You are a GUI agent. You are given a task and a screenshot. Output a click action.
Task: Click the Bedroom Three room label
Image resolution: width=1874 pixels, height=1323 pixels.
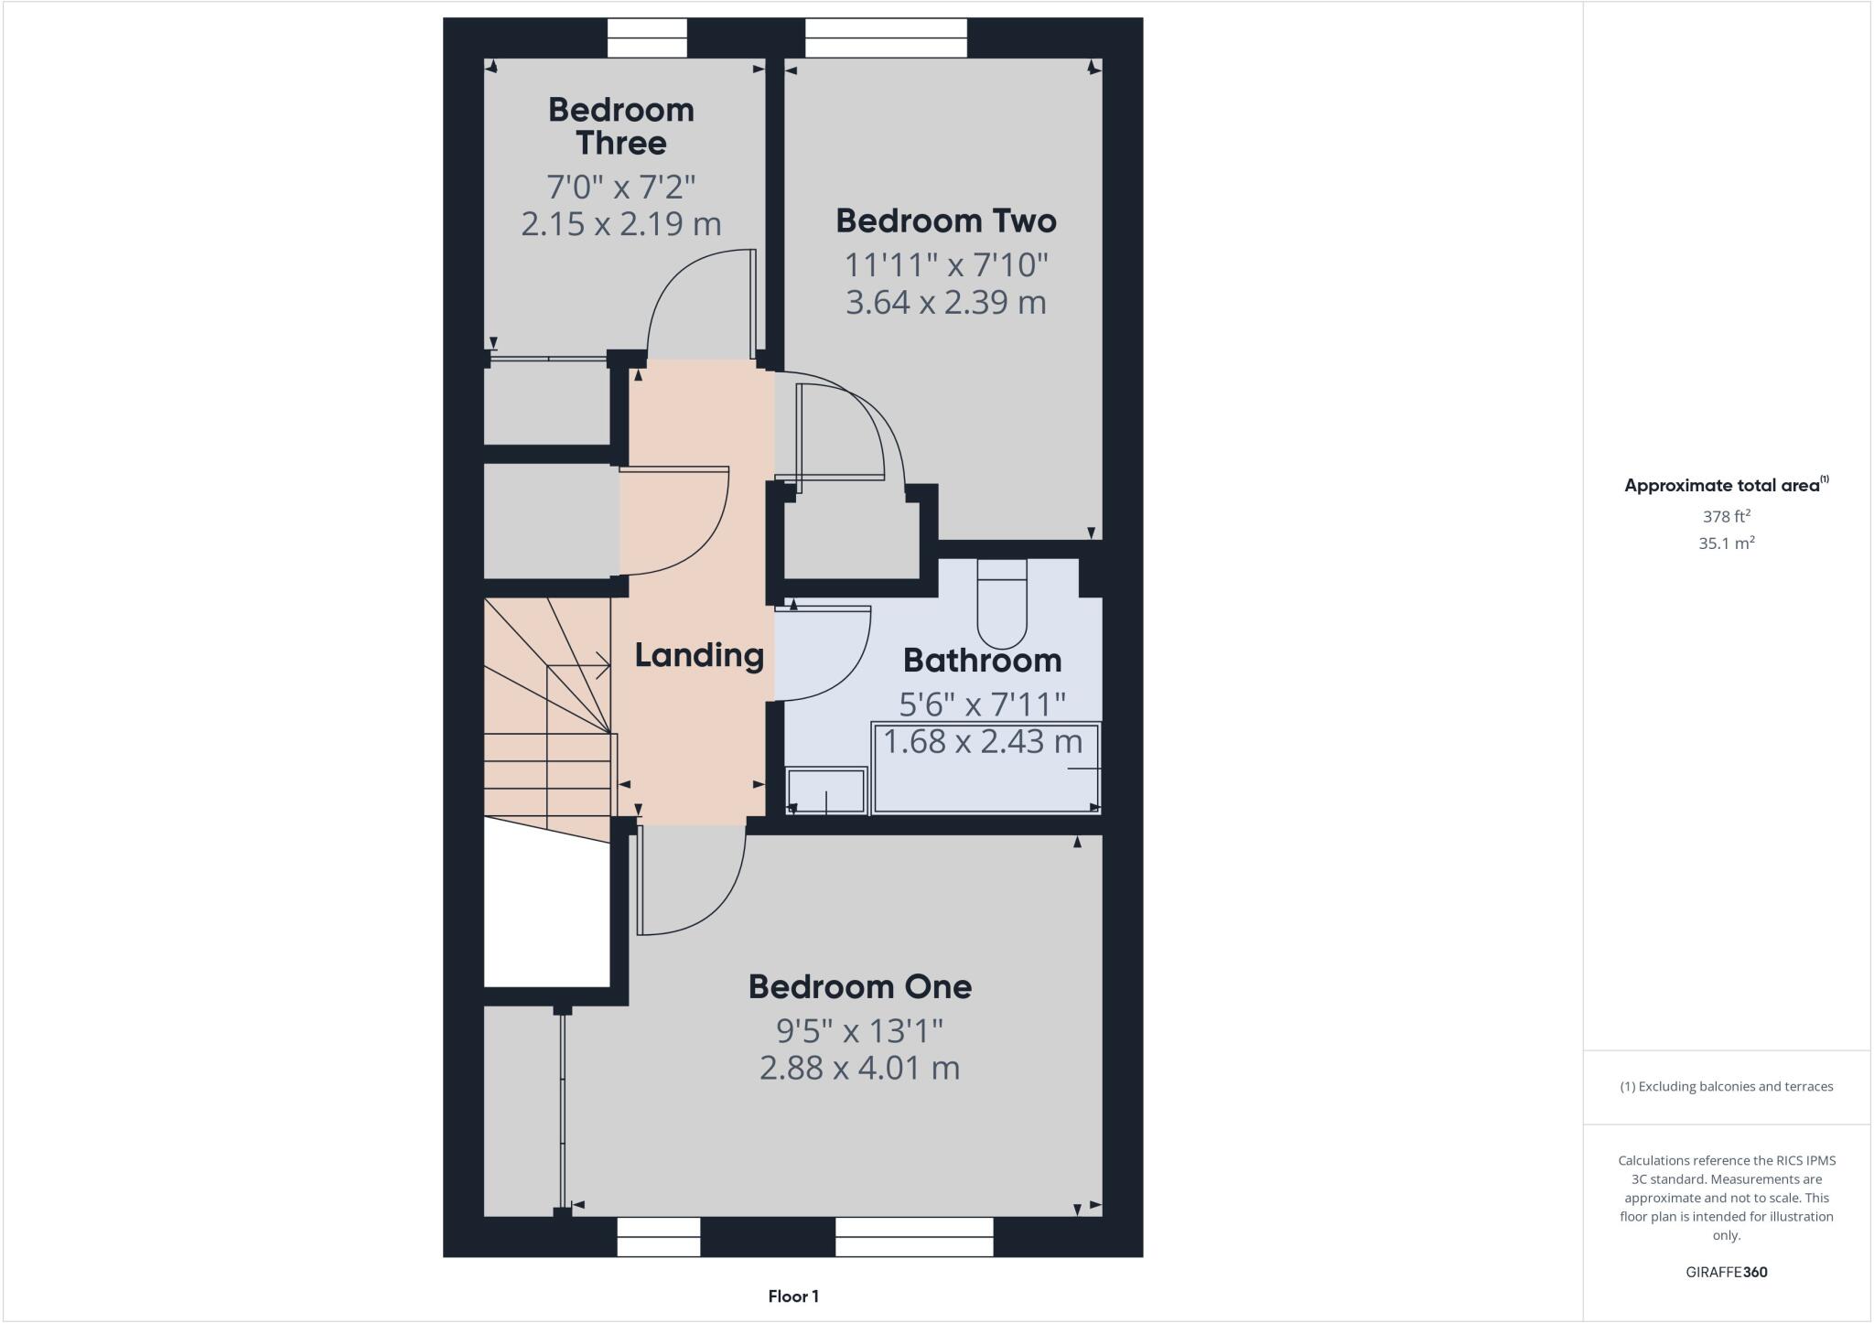pos(621,126)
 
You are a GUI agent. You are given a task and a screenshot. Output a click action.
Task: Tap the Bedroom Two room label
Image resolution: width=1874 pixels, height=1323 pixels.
pos(946,220)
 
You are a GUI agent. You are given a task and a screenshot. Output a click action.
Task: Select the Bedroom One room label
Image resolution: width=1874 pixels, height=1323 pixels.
pos(860,986)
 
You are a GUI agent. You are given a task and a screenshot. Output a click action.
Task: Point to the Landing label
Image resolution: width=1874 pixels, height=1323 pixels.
pos(699,655)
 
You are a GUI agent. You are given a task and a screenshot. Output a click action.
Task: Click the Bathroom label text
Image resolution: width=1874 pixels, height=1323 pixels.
pos(982,660)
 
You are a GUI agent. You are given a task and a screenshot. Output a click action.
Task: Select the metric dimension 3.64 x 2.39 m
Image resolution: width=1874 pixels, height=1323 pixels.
pos(946,302)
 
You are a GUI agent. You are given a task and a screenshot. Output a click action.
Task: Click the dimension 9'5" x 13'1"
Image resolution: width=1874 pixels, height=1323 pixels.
pos(860,1031)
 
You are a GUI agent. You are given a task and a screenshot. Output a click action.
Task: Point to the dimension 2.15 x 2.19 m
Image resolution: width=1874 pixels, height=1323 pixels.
pos(621,223)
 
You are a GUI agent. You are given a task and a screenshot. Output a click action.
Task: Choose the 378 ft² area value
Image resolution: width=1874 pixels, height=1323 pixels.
pos(1727,516)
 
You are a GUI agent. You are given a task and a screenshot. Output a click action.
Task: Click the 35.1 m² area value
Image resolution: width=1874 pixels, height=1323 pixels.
pos(1727,543)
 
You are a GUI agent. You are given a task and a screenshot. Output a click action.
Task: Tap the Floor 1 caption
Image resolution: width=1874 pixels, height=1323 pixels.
pos(793,1296)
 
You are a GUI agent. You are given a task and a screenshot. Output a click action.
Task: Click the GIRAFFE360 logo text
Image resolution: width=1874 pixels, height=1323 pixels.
pos(1727,1272)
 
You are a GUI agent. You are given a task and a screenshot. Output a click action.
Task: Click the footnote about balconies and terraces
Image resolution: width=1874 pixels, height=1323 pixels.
pos(1727,1087)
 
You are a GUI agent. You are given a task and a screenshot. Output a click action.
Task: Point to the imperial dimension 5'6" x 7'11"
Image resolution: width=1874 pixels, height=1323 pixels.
pos(983,705)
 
